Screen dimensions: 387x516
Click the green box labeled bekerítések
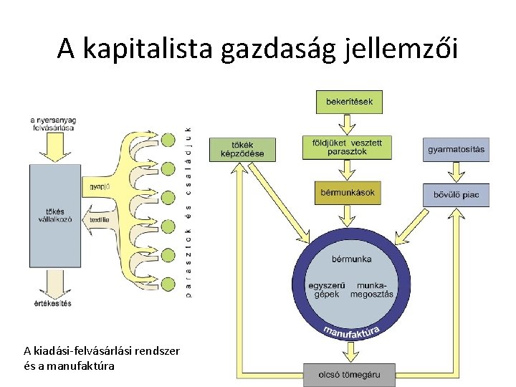(x=349, y=102)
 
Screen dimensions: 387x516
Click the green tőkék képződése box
(x=237, y=148)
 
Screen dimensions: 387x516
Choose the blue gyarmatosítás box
(x=456, y=150)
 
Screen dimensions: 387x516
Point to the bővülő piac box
(x=456, y=194)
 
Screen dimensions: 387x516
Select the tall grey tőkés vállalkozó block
(x=54, y=214)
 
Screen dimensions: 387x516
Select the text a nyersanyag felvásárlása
(x=53, y=123)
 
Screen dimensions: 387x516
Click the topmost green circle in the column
(x=168, y=140)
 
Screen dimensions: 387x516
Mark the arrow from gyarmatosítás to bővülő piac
(x=456, y=172)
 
